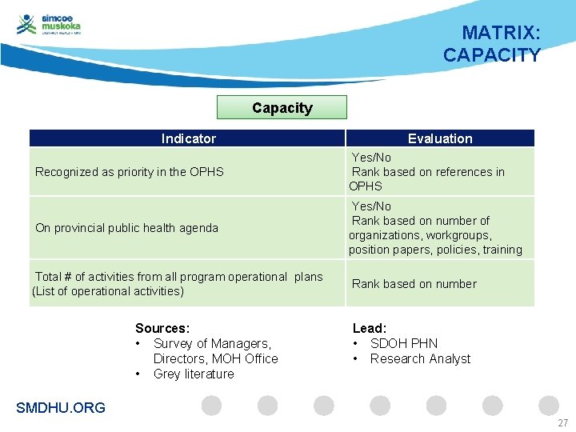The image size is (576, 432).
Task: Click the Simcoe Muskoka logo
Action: click(x=49, y=25)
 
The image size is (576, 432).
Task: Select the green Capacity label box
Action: click(x=282, y=107)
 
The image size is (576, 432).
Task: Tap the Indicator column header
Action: click(x=188, y=138)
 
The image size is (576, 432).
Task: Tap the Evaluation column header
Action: click(x=440, y=138)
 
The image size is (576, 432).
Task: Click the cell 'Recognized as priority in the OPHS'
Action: click(x=130, y=171)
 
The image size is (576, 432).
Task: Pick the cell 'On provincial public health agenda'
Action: click(x=126, y=228)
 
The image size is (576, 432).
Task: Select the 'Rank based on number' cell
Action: click(x=414, y=284)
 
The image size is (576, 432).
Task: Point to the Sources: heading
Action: click(x=162, y=328)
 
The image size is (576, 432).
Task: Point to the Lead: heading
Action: click(x=370, y=328)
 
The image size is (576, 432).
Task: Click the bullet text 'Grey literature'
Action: click(x=194, y=374)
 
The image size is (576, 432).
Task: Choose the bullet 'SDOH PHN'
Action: click(x=404, y=343)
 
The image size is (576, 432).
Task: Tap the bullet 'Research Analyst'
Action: click(x=420, y=358)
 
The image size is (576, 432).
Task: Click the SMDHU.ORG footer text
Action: click(x=61, y=408)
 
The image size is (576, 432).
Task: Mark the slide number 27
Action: click(x=562, y=422)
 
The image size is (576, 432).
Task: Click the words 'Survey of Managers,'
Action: click(x=212, y=343)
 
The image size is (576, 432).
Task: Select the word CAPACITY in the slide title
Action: click(x=492, y=55)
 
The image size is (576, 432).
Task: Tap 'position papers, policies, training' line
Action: click(x=435, y=250)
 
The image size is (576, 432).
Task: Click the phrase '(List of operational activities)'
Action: click(x=108, y=291)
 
